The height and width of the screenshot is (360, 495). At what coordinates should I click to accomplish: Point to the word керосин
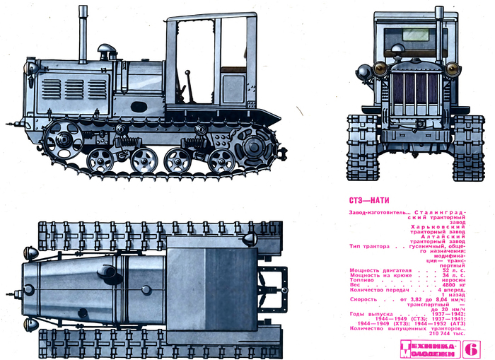450,280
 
